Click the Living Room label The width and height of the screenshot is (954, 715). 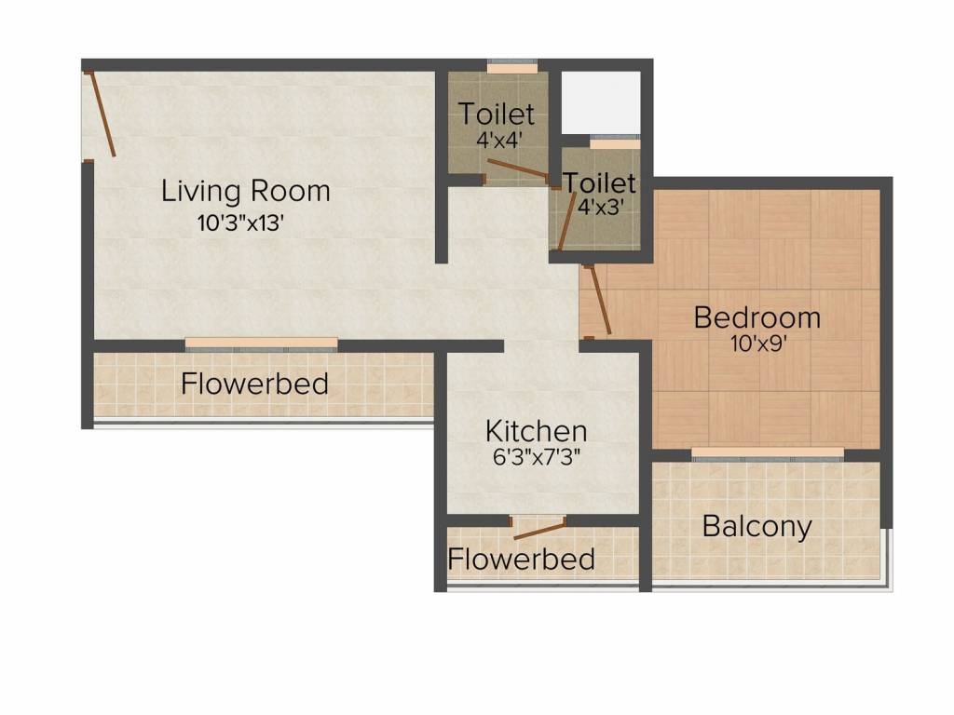click(246, 191)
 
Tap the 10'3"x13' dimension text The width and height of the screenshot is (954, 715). click(241, 223)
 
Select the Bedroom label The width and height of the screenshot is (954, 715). click(756, 318)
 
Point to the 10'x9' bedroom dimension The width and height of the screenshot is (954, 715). click(759, 344)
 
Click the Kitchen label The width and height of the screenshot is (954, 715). click(536, 431)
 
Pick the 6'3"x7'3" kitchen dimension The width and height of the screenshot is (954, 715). click(536, 456)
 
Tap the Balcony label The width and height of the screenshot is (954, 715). click(756, 527)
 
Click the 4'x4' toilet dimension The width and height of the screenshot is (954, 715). click(499, 141)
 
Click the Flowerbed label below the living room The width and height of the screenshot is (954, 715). click(255, 384)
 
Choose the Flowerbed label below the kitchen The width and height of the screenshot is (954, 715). click(522, 559)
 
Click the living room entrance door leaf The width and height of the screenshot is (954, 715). click(101, 114)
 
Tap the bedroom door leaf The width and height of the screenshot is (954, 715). click(599, 300)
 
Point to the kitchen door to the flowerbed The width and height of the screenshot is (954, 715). click(539, 530)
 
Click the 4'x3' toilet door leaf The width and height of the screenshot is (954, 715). click(567, 221)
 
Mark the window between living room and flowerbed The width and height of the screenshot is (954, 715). click(262, 344)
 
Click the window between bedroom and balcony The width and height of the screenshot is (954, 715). click(768, 454)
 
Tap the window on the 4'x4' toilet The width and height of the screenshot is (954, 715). click(512, 66)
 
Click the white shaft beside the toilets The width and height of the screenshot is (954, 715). click(601, 102)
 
